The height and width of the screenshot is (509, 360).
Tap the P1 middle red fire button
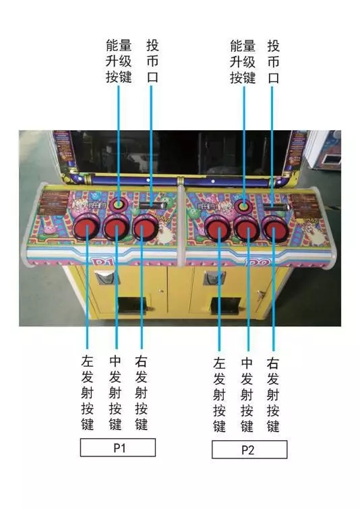[x=117, y=227]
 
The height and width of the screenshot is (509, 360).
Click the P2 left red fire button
[x=219, y=229]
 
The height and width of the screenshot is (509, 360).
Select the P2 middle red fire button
[x=247, y=229]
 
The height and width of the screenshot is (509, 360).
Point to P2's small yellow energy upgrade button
[x=244, y=206]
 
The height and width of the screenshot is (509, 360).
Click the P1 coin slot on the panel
[x=152, y=204]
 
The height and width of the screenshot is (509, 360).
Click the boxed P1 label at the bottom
[x=118, y=448]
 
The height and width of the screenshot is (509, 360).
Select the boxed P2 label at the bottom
[x=249, y=450]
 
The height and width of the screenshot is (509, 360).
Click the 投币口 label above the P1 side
[x=152, y=61]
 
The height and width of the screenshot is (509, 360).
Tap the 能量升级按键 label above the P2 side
[x=243, y=61]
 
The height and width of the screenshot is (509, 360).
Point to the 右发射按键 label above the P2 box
[x=273, y=395]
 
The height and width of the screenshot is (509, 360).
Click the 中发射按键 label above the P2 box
[x=247, y=395]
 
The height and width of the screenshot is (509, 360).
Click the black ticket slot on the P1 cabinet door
[x=132, y=305]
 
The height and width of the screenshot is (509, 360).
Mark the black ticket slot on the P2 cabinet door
[x=226, y=305]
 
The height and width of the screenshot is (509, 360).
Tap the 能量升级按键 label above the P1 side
[x=119, y=61]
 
